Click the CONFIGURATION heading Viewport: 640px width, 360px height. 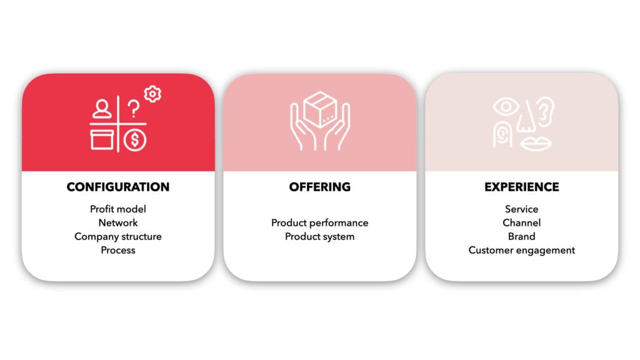pos(118,187)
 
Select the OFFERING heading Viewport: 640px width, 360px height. pos(319,187)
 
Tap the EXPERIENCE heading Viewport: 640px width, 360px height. pos(522,187)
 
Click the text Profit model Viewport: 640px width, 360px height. pos(118,209)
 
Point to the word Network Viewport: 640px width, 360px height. pos(118,223)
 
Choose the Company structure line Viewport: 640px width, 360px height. pos(118,237)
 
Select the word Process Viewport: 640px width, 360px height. pos(118,250)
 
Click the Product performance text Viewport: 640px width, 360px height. pos(319,223)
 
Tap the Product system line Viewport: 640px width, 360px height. pos(319,237)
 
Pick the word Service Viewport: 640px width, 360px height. pos(522,209)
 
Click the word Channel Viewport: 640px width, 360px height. pos(522,223)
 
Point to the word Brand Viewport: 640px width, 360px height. pos(522,236)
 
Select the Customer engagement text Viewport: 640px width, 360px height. pos(522,250)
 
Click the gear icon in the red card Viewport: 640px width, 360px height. pos(152,94)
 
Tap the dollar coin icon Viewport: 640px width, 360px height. pos(135,140)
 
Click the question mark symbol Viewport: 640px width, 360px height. pos(133,109)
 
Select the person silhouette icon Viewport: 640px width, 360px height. pos(102,109)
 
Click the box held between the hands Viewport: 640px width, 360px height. pos(321,109)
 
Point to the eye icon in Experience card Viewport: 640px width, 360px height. pos(506,107)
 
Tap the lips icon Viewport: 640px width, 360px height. pos(536,144)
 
